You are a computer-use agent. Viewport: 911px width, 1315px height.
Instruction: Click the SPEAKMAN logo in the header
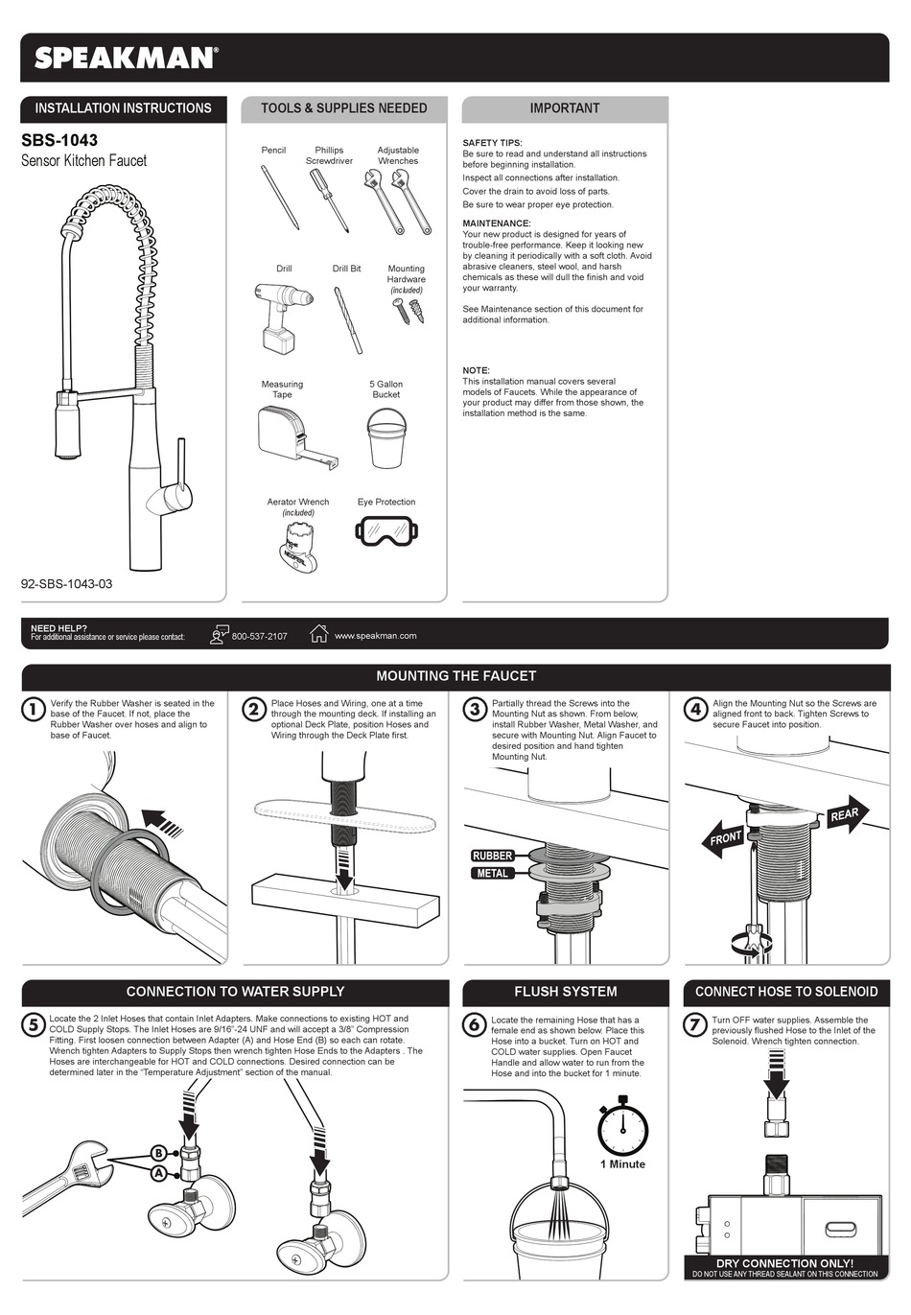pyautogui.click(x=126, y=58)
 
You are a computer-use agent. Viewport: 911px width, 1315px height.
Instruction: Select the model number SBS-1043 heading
pyautogui.click(x=59, y=140)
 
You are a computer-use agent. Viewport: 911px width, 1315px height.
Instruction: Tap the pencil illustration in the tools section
pyautogui.click(x=280, y=197)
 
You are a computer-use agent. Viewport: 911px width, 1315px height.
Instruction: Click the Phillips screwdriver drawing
pyautogui.click(x=329, y=200)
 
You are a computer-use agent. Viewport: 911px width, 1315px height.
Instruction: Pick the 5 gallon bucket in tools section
pyautogui.click(x=385, y=437)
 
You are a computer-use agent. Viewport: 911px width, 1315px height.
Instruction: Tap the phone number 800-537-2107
pyautogui.click(x=259, y=636)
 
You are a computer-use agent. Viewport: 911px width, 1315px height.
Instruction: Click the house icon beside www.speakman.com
pyautogui.click(x=319, y=634)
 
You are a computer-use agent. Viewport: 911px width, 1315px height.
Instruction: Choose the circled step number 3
pyautogui.click(x=475, y=710)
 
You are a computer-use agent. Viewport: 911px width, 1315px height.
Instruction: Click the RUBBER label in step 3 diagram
pyautogui.click(x=492, y=856)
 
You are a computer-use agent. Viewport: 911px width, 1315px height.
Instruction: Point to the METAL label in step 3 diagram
pyautogui.click(x=492, y=874)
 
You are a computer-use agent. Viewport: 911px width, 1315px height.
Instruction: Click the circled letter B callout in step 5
pyautogui.click(x=158, y=1153)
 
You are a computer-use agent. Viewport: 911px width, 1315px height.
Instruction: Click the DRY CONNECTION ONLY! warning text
pyautogui.click(x=784, y=1263)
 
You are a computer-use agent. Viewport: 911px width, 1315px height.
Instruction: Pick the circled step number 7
pyautogui.click(x=695, y=1025)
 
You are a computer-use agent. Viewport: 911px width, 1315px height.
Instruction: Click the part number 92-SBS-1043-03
pyautogui.click(x=67, y=583)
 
